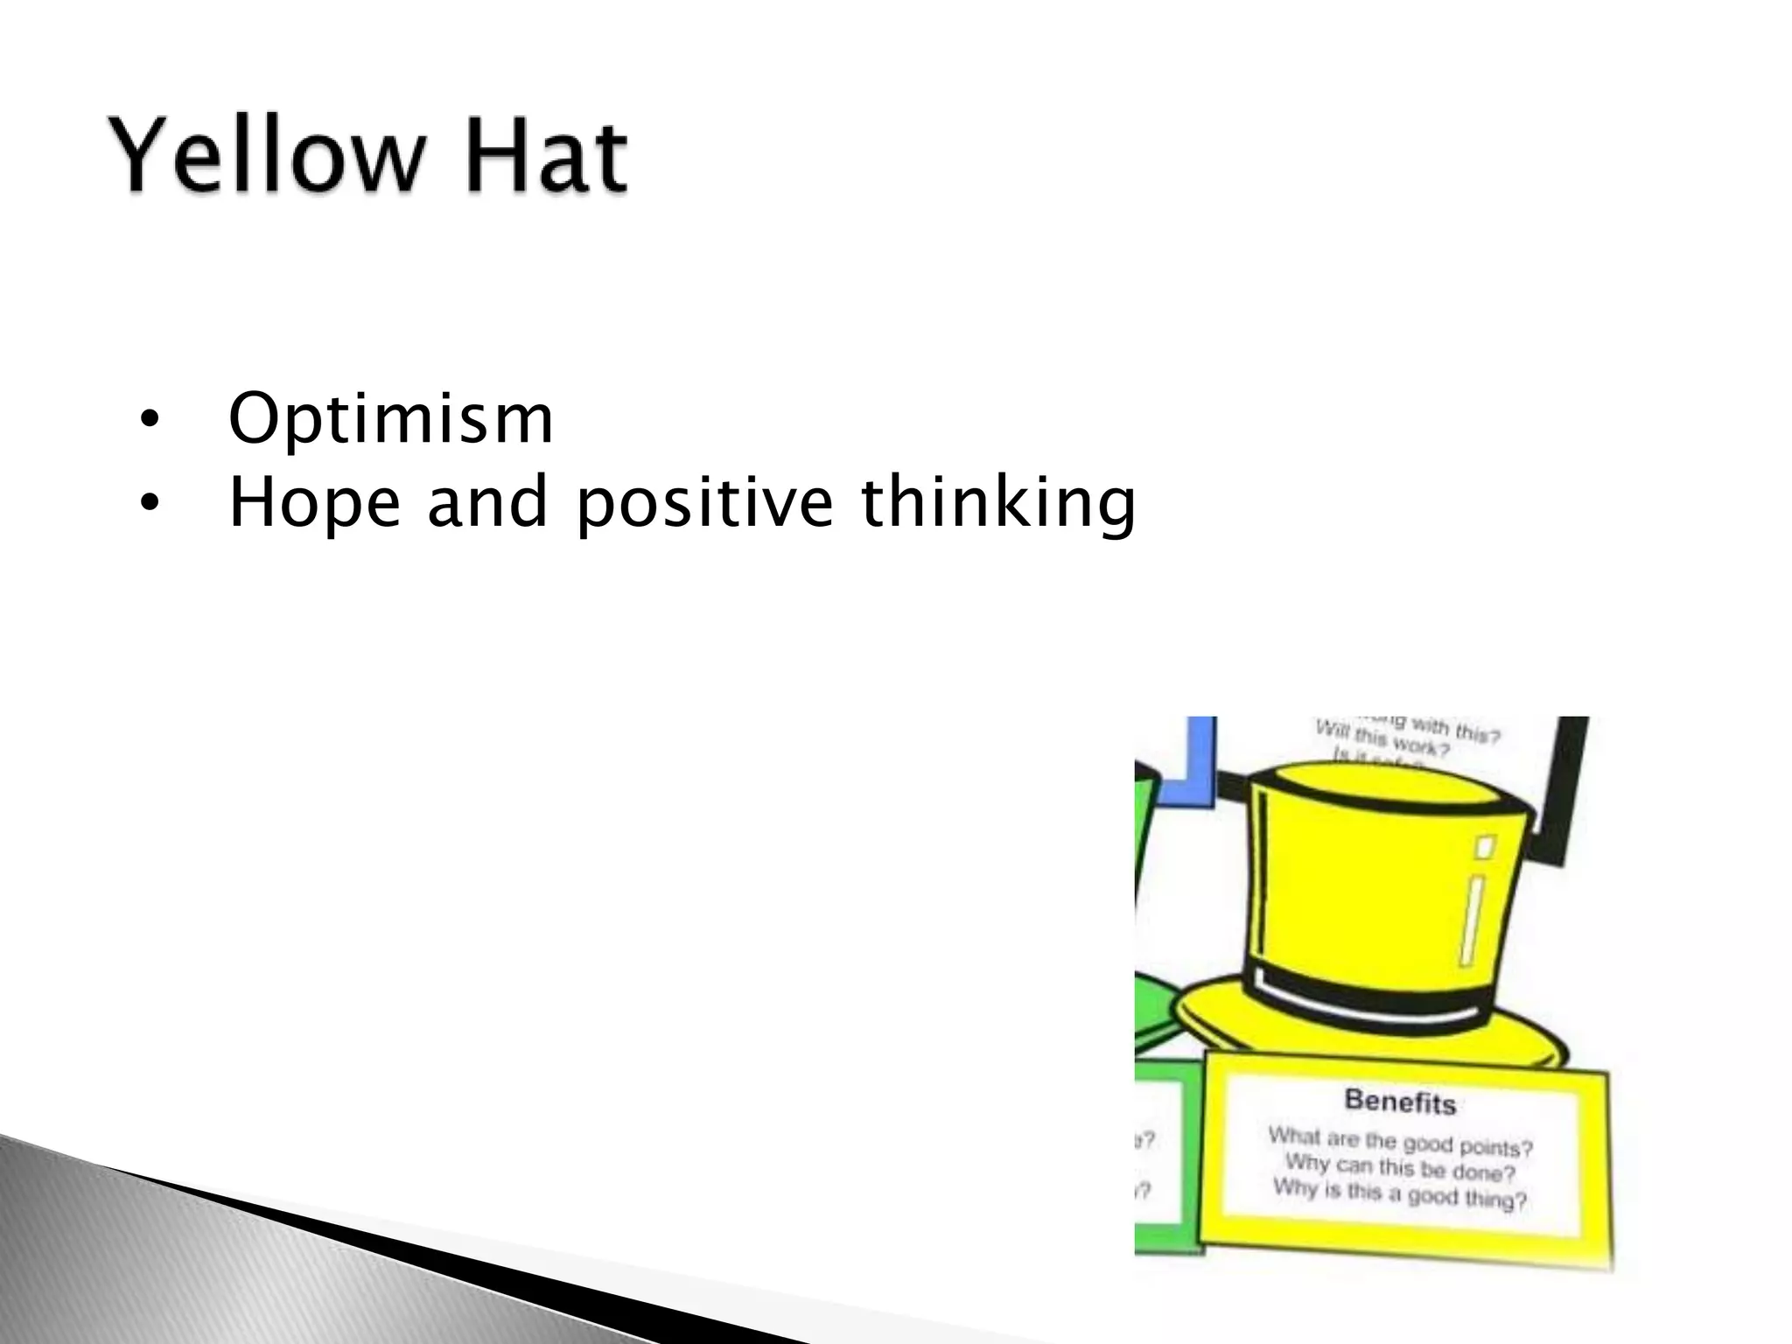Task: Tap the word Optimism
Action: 390,419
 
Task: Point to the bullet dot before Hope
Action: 150,504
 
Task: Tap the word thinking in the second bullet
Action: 998,504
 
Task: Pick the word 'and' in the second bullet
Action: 486,502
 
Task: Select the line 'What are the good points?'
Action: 1400,1141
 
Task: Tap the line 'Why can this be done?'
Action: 1400,1167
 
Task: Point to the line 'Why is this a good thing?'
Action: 1400,1193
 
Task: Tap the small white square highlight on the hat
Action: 1485,846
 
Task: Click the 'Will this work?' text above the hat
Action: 1382,739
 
